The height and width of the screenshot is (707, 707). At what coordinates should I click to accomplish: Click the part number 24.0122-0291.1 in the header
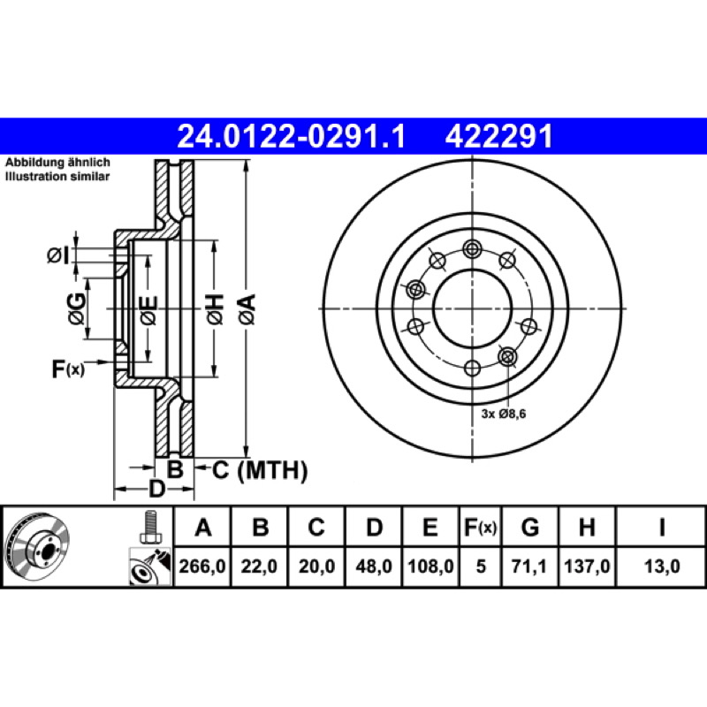[x=292, y=137]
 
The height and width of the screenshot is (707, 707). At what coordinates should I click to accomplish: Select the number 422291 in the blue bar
[x=498, y=137]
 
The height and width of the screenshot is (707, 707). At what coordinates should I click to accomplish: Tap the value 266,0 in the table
[x=202, y=566]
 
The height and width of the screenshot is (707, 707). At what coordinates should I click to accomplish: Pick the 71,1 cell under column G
[x=528, y=566]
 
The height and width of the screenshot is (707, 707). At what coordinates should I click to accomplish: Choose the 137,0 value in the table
[x=587, y=566]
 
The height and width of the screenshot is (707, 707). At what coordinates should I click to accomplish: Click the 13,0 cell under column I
[x=661, y=566]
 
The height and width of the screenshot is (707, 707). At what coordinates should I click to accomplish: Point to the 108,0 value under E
[x=430, y=566]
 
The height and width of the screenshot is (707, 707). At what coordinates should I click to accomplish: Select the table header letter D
[x=374, y=527]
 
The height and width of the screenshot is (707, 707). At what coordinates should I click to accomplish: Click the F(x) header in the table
[x=480, y=527]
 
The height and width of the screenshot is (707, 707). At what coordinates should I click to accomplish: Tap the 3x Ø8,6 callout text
[x=503, y=414]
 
